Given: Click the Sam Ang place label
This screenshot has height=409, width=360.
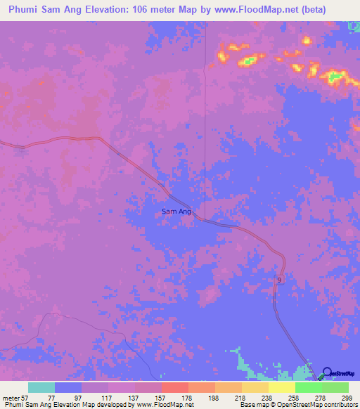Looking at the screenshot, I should click(x=176, y=211).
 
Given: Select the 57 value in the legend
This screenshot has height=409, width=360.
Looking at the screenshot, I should click(x=24, y=398).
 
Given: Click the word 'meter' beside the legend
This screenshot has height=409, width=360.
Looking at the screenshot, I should click(x=9, y=398).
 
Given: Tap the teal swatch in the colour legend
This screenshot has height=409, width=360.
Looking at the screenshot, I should click(x=41, y=387).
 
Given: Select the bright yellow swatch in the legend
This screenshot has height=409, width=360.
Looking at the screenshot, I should click(x=282, y=387).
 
